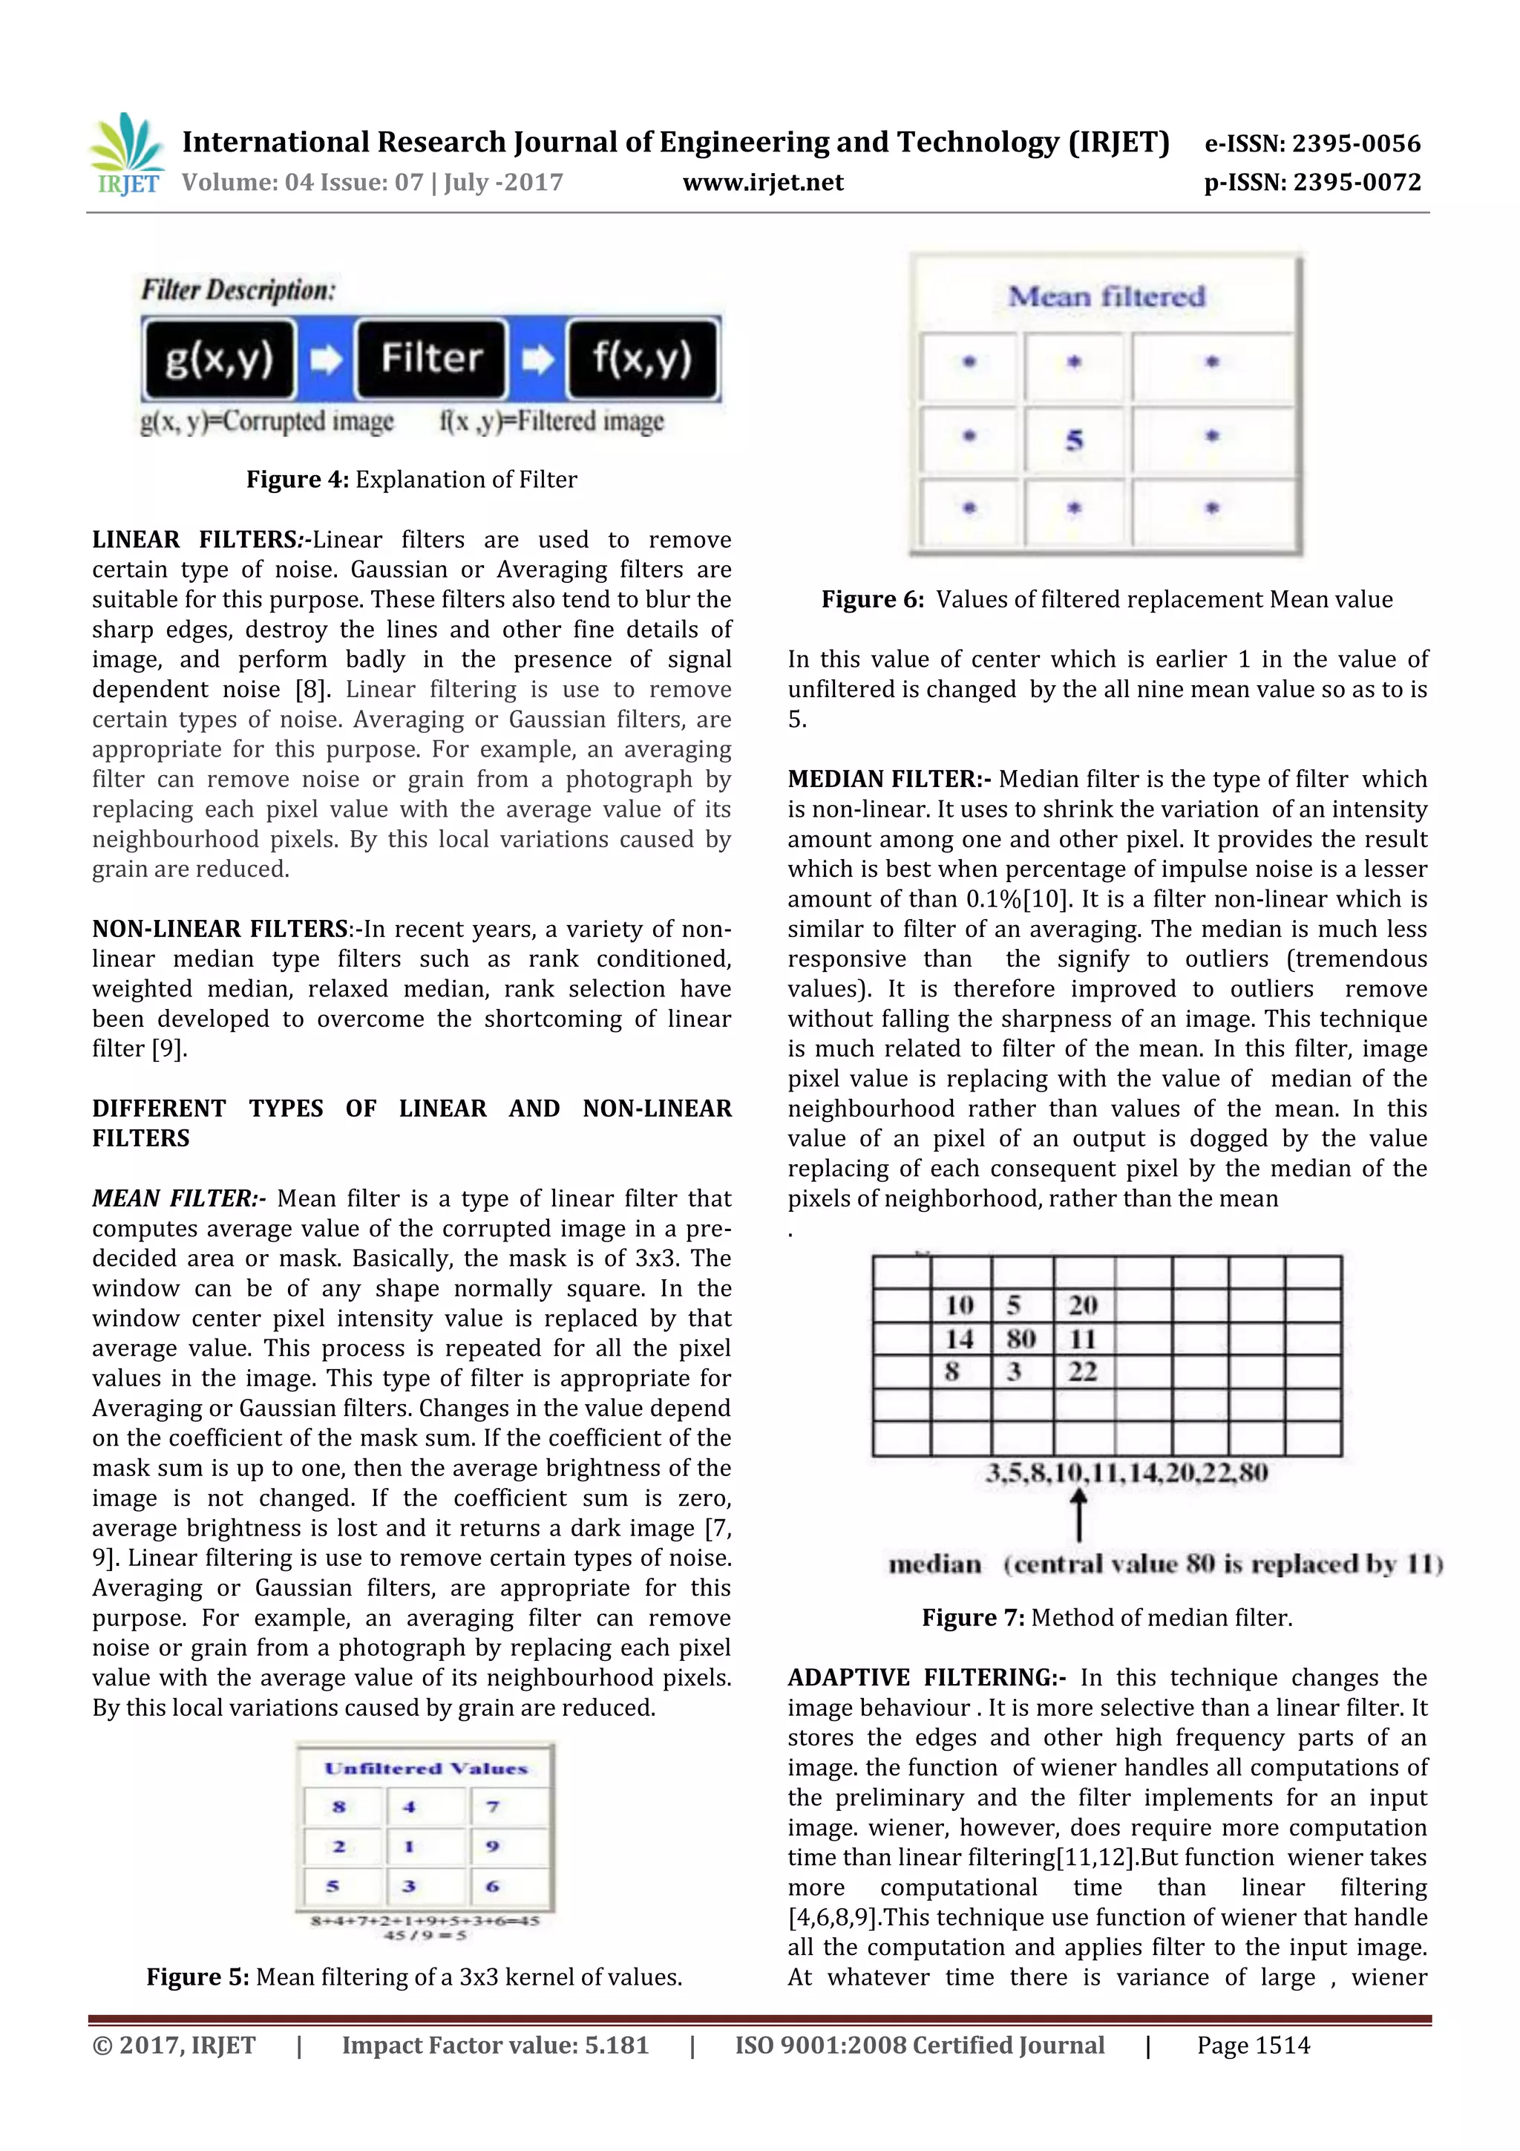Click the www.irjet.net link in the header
pos(762,182)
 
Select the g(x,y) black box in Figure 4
pos(219,359)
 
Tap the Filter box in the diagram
pos(430,359)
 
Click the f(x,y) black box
pos(643,359)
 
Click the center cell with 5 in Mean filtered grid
pos(1074,440)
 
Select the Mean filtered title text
pos(1106,297)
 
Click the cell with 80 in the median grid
pos(1021,1339)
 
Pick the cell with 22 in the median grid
pos(1083,1371)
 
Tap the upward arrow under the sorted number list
pos(1079,1515)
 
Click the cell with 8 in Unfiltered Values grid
pos(339,1806)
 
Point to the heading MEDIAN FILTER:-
pos(889,780)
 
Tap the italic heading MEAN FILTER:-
pos(178,1198)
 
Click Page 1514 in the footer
pos(1253,2045)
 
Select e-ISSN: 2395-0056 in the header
pos(1312,143)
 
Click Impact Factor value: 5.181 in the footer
pos(494,2045)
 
